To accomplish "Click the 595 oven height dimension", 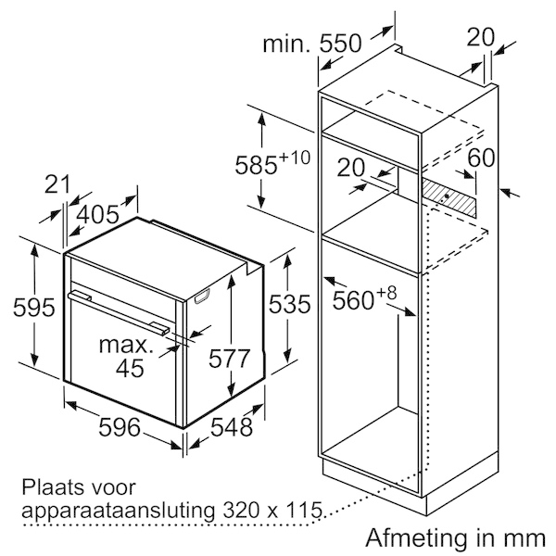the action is [34, 307].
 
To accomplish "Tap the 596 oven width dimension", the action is [120, 426].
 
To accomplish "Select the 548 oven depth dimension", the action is [232, 426].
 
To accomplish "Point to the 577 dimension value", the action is [230, 359].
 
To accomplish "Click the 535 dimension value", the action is [289, 304].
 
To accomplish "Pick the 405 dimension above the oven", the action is [97, 214].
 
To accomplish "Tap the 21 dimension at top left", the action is [57, 184].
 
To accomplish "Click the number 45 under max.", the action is [130, 368].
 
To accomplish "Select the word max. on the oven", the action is [126, 345].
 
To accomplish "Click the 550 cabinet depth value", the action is [340, 44].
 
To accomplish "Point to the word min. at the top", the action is [286, 44].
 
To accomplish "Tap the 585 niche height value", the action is [256, 165].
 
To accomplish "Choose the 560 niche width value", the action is [354, 300].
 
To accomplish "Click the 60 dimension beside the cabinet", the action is [481, 158].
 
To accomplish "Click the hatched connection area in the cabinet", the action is [449, 198].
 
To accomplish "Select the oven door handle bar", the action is [118, 312].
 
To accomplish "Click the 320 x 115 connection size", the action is [272, 511].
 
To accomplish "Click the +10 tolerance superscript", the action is [295, 158].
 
